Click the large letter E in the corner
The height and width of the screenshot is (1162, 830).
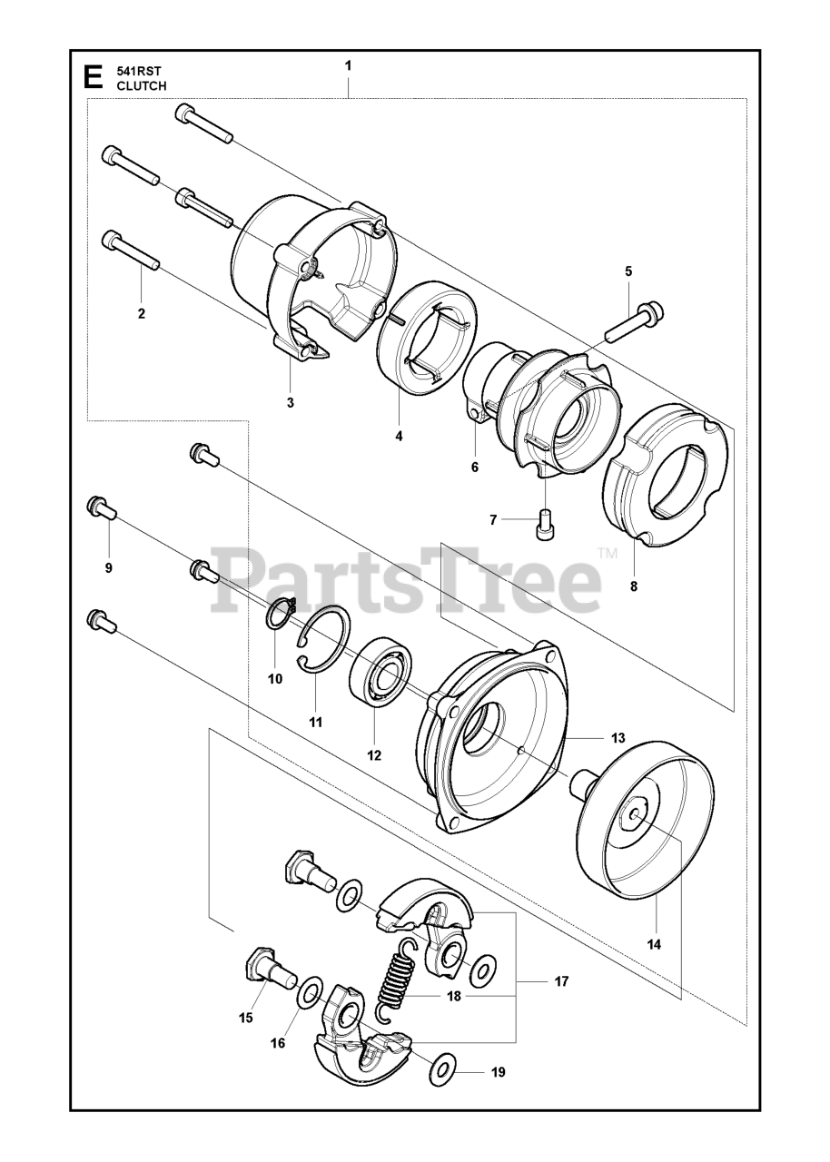(93, 78)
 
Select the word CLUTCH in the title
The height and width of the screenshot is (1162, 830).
(142, 86)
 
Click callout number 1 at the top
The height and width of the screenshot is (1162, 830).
(348, 66)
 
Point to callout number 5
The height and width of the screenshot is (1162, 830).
(628, 271)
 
